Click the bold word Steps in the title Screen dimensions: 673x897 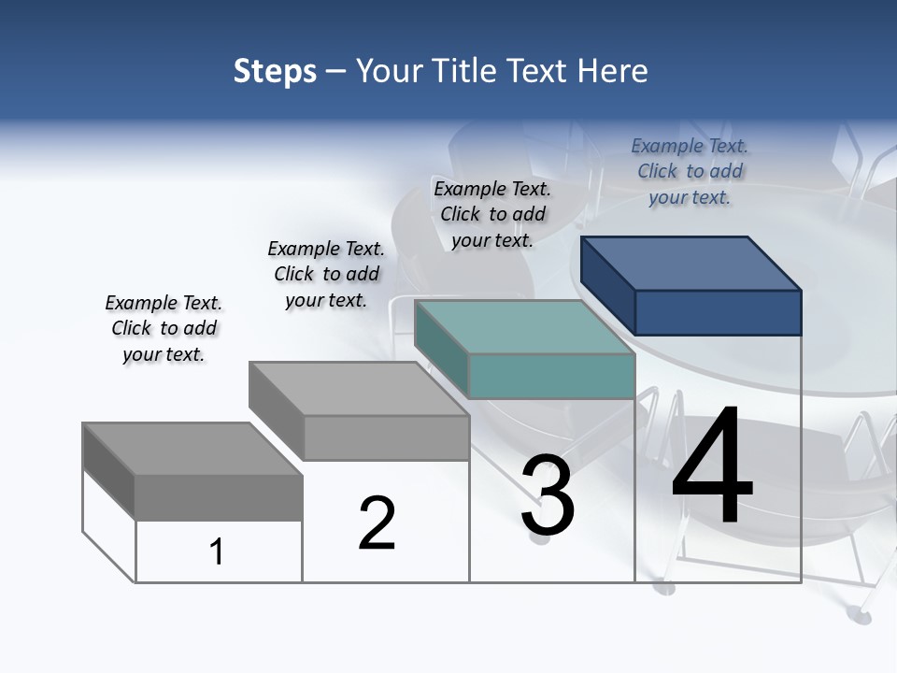[x=275, y=71]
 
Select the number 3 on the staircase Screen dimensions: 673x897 [x=548, y=496]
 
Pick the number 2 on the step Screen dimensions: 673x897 [x=377, y=523]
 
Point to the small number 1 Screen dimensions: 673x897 [x=217, y=552]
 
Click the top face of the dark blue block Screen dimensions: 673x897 [x=691, y=263]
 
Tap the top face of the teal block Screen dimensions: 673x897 [x=524, y=327]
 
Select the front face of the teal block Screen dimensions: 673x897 [x=551, y=377]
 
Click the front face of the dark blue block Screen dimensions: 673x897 [x=718, y=312]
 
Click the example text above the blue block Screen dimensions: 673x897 [x=690, y=172]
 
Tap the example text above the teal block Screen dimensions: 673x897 [x=492, y=214]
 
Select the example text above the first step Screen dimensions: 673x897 [x=164, y=328]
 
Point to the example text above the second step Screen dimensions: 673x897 [x=326, y=274]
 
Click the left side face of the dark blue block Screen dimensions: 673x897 [x=607, y=285]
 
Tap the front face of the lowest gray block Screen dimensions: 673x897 [x=219, y=497]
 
